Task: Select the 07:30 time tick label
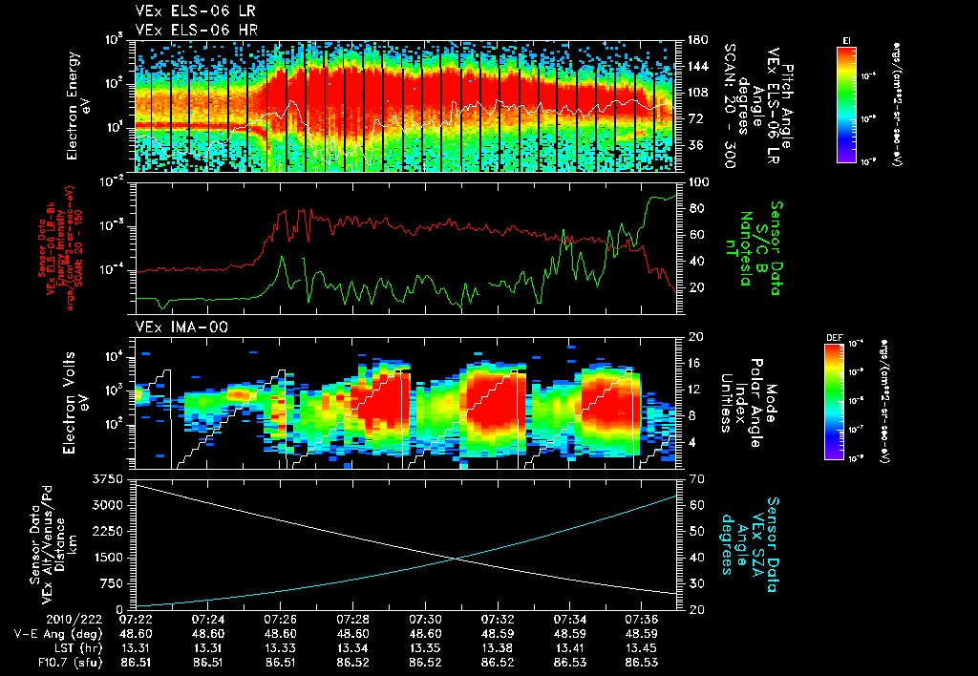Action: point(425,619)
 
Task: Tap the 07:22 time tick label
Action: point(135,619)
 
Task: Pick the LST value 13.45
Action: point(643,647)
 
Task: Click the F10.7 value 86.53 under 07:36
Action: point(643,662)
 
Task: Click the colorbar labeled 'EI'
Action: point(846,105)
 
